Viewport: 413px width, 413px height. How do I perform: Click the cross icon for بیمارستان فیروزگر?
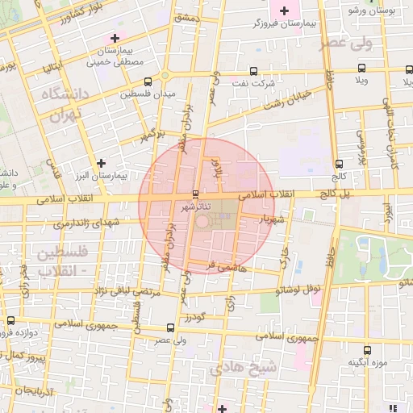tap(283, 10)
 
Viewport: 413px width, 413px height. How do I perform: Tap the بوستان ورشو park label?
tap(372, 10)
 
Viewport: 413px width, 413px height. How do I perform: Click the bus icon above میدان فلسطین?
tap(148, 81)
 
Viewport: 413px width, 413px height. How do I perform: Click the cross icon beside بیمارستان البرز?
tap(101, 162)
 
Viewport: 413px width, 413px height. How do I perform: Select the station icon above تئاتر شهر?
tap(194, 194)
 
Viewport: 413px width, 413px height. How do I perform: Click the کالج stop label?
tap(339, 175)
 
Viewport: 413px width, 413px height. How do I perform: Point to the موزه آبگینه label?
tap(364, 362)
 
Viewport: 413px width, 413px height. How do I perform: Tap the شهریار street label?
tap(270, 218)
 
